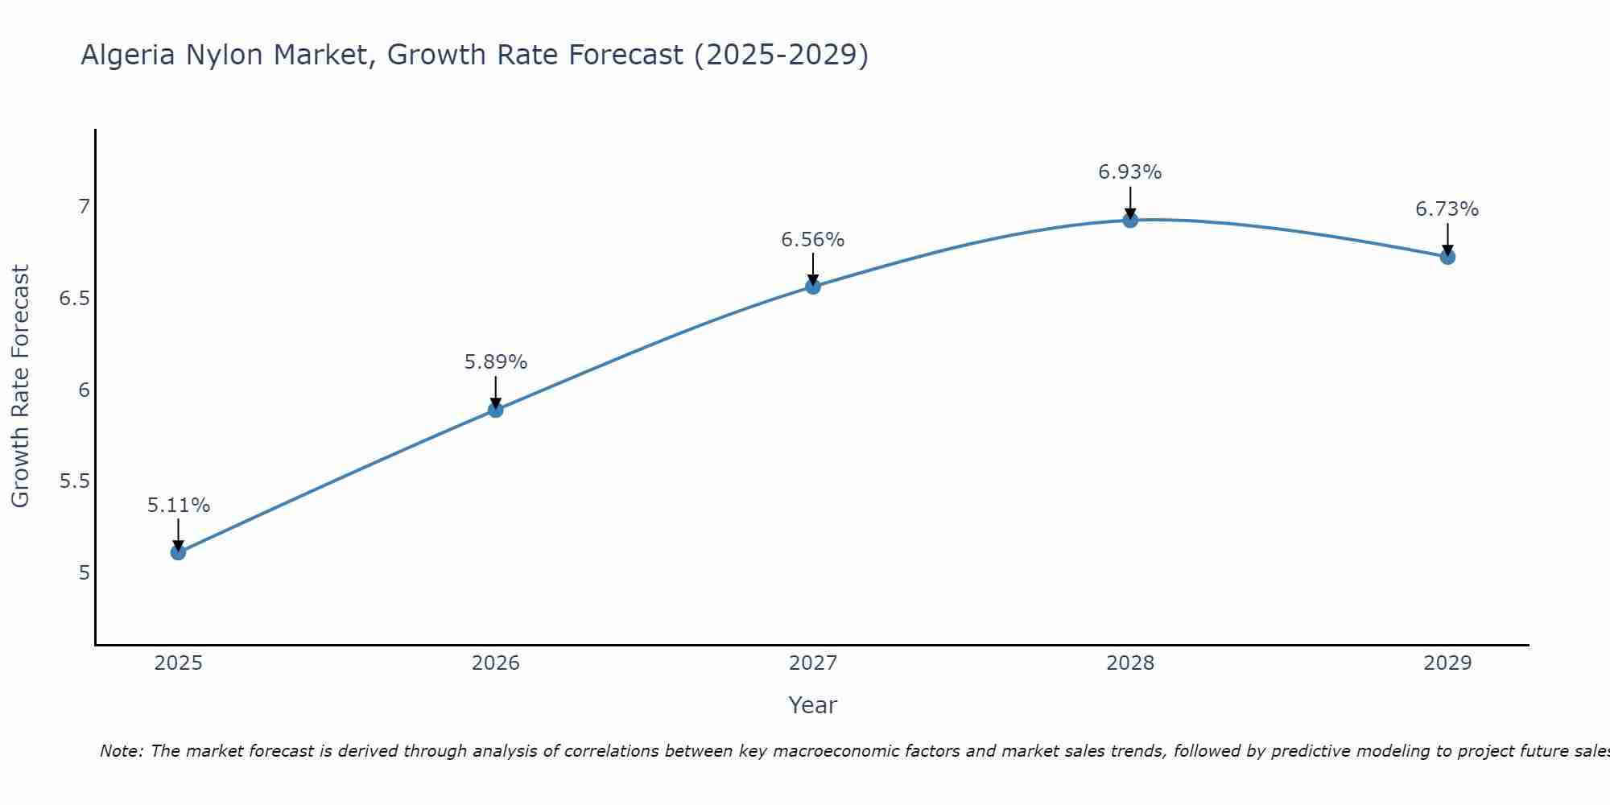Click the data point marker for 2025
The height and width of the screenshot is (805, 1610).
(x=178, y=552)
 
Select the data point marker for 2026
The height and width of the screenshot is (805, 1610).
(x=495, y=410)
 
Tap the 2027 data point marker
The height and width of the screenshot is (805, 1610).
(x=813, y=287)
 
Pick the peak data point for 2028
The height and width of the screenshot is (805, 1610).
(x=1130, y=220)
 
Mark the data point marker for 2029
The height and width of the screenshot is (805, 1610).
(x=1447, y=257)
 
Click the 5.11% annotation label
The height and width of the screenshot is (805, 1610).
(x=178, y=506)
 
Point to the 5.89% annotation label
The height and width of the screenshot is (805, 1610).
(x=495, y=362)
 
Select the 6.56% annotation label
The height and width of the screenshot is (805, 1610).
(x=813, y=240)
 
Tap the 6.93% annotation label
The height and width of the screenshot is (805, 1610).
(x=1130, y=172)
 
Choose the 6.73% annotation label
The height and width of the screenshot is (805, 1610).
(x=1447, y=209)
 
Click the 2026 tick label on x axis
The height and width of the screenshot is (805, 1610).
(x=495, y=663)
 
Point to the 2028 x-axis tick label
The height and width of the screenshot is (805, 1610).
(x=1130, y=663)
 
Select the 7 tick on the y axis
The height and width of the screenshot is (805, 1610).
(x=84, y=207)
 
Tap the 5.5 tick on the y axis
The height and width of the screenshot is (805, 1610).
(x=74, y=481)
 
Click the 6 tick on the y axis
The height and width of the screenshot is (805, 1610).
(x=84, y=390)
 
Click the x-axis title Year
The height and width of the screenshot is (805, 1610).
(x=813, y=705)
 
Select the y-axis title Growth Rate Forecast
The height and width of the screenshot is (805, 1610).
(x=20, y=386)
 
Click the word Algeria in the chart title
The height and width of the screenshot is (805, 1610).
(x=128, y=55)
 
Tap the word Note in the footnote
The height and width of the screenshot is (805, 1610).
(x=120, y=751)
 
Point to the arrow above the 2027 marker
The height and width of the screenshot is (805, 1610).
(x=813, y=268)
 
